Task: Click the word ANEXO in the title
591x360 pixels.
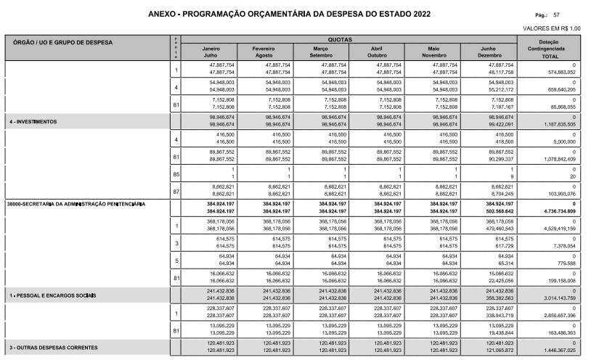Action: pyautogui.click(x=163, y=14)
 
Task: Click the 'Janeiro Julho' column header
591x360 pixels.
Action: pyautogui.click(x=211, y=52)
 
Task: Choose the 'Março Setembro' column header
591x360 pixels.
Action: pyautogui.click(x=321, y=52)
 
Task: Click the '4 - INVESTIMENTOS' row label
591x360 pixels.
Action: pyautogui.click(x=33, y=120)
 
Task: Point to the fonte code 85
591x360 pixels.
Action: pyautogui.click(x=176, y=174)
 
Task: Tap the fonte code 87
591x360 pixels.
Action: pyautogui.click(x=176, y=192)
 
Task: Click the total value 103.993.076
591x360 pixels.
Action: pyautogui.click(x=558, y=194)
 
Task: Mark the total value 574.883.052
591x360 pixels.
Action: pyautogui.click(x=558, y=73)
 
